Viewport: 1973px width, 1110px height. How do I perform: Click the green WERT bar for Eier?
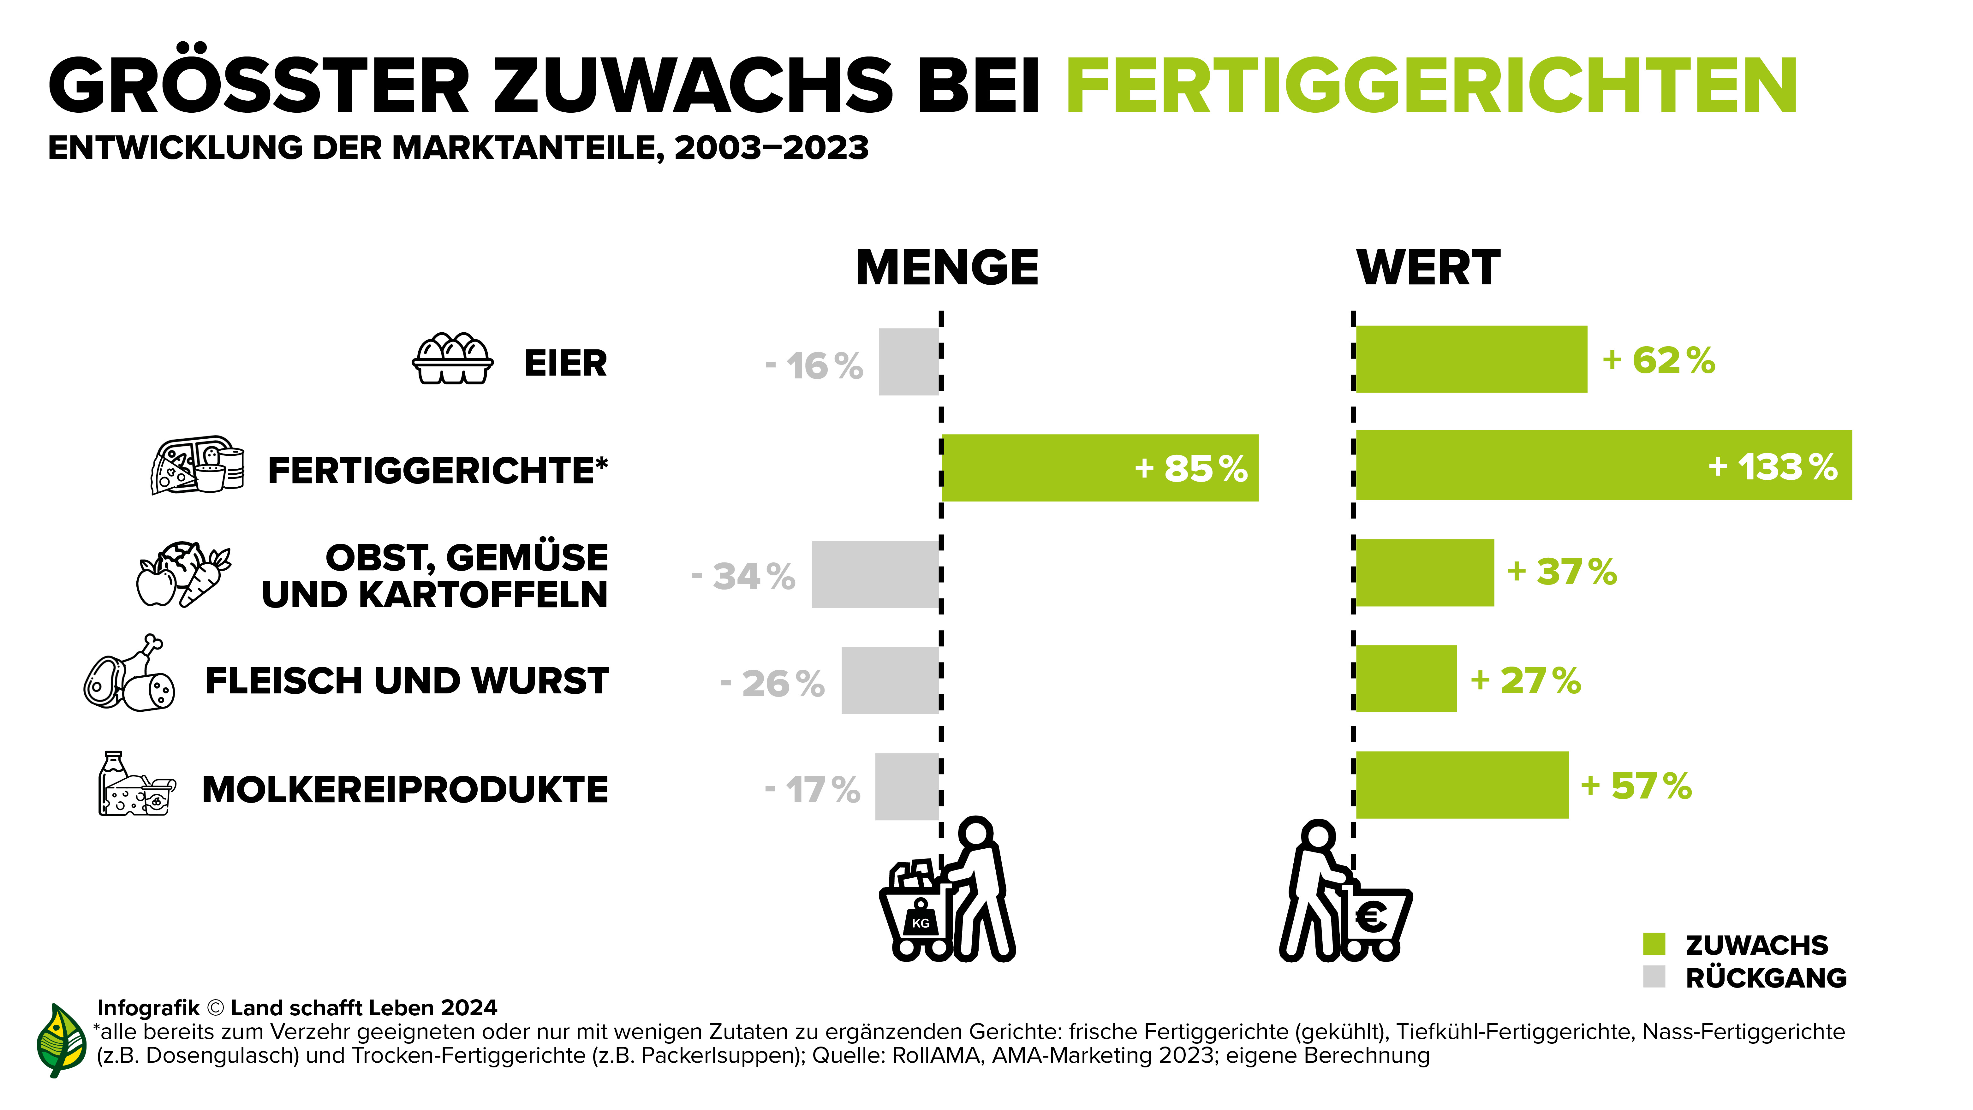(x=1470, y=359)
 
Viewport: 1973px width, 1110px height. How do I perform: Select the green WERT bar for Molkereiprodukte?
(x=1461, y=785)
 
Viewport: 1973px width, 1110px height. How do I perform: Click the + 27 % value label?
(x=1526, y=680)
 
